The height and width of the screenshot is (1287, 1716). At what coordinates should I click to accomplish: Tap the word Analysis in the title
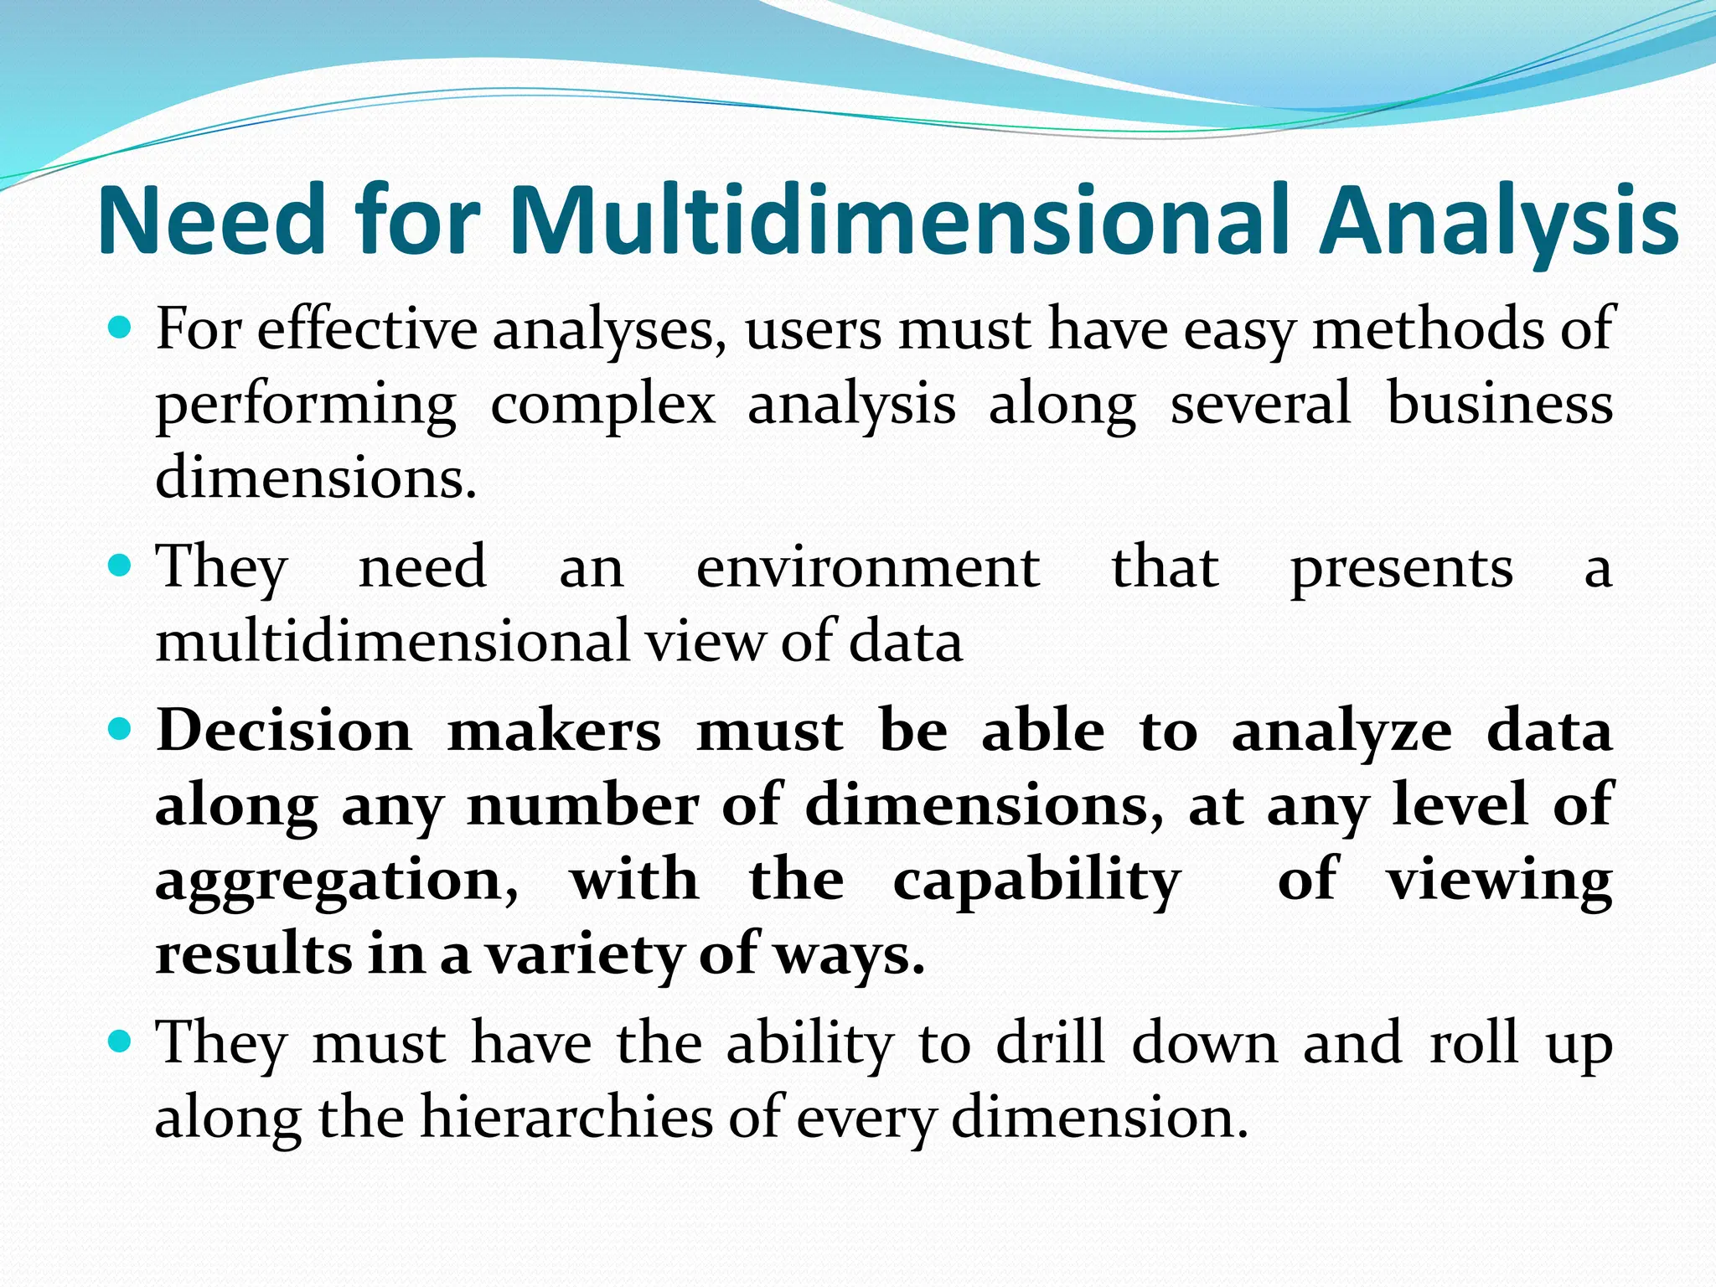1498,222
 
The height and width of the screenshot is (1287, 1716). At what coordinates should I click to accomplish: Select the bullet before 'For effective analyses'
121,327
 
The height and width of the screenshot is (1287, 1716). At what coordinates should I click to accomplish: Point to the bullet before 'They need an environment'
121,566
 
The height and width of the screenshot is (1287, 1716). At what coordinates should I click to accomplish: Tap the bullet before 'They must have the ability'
121,1041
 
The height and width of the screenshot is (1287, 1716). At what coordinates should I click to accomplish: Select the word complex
602,406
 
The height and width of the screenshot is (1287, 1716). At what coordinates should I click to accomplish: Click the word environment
868,567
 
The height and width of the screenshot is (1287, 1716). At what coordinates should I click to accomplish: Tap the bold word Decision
284,730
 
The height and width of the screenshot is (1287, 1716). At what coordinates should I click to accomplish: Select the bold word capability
1036,882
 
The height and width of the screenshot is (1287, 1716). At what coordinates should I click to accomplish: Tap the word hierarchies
566,1118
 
